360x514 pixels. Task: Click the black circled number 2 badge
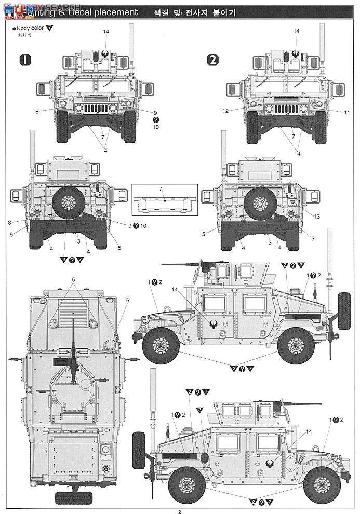click(212, 59)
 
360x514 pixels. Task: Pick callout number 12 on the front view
click(226, 110)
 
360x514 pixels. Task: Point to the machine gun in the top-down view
click(74, 363)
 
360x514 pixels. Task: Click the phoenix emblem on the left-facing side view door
click(213, 325)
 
